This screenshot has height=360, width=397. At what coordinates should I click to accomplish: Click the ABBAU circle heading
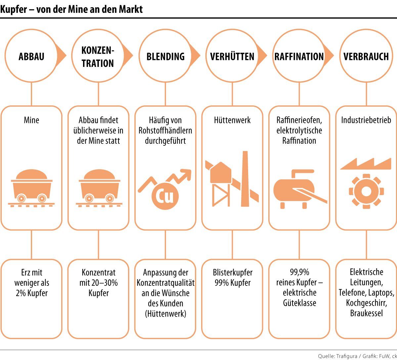pos(31,56)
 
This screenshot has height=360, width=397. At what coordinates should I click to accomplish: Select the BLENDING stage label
pos(165,56)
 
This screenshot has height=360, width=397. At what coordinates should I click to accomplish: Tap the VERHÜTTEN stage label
pos(232,56)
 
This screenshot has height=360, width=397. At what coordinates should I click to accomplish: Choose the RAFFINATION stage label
pos(299,56)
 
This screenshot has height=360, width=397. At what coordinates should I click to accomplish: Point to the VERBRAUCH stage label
pos(366,56)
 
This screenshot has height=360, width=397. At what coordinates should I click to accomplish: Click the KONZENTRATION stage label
pos(98,57)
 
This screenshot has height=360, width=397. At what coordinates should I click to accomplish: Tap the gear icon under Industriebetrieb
pos(366,191)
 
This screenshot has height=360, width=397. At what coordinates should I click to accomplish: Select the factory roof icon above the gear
pos(366,164)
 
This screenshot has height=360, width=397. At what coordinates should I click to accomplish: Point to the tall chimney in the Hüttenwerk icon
pos(245,179)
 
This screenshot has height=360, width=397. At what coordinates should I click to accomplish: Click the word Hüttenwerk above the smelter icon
pos(232,120)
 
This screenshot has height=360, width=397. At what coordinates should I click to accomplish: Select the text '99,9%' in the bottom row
pos(299,272)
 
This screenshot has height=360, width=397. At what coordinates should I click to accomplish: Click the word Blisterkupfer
pos(232,273)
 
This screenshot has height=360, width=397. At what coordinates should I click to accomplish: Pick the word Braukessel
pos(366,313)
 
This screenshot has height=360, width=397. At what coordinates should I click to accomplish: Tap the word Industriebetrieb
pos(366,120)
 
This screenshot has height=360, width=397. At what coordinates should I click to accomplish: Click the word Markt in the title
pos(131,9)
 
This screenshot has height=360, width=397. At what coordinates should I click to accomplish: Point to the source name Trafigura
pos(346,356)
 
